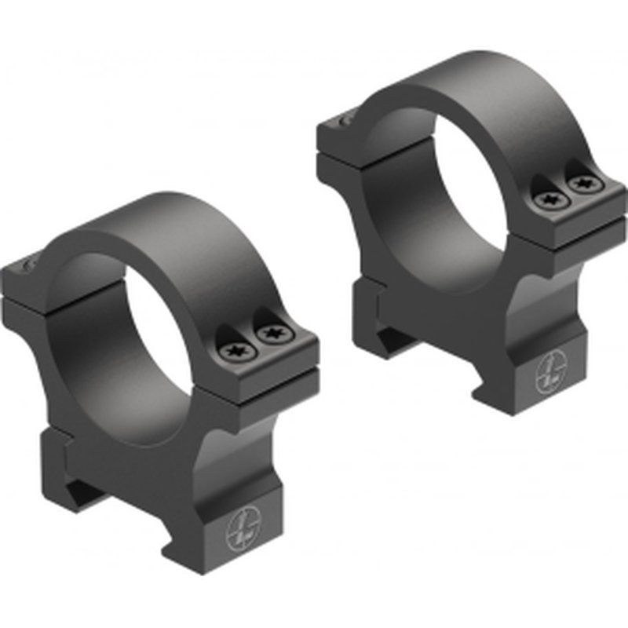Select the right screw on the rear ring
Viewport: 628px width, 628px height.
582,185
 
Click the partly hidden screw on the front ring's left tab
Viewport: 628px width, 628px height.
30,267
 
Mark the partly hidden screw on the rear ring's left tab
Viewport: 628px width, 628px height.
345,119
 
